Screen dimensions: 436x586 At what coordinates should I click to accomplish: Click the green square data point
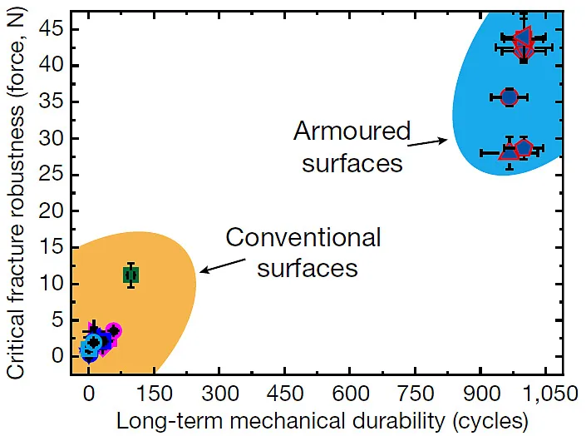[x=130, y=275]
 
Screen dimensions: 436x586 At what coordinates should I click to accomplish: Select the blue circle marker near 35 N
[x=510, y=97]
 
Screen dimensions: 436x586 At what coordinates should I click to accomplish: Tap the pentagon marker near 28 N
[x=524, y=148]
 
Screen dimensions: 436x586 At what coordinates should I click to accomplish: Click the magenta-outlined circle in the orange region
[x=114, y=331]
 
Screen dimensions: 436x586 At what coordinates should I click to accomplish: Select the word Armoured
[x=352, y=131]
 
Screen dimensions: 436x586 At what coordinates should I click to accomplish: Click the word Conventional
[x=303, y=238]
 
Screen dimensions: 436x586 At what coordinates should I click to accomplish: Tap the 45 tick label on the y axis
[x=55, y=29]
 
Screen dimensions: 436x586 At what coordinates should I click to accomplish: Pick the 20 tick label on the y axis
[x=55, y=211]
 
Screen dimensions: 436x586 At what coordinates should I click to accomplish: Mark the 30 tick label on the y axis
[x=55, y=138]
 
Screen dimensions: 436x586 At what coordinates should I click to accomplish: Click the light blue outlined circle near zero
[x=90, y=349]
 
